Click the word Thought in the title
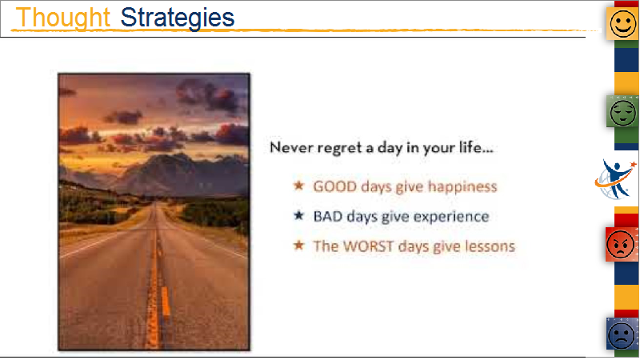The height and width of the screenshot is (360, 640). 63,18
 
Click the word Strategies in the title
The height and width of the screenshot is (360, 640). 178,18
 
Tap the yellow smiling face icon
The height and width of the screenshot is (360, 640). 623,24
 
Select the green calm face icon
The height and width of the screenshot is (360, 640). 623,111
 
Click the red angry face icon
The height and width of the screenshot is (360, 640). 621,245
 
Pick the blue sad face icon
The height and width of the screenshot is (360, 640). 622,334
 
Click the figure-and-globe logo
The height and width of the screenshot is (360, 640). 615,179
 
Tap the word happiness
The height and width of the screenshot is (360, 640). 462,187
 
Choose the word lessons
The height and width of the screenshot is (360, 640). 490,246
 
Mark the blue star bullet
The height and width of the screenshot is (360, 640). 298,215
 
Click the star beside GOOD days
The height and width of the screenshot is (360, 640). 298,186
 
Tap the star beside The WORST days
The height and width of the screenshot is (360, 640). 298,245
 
